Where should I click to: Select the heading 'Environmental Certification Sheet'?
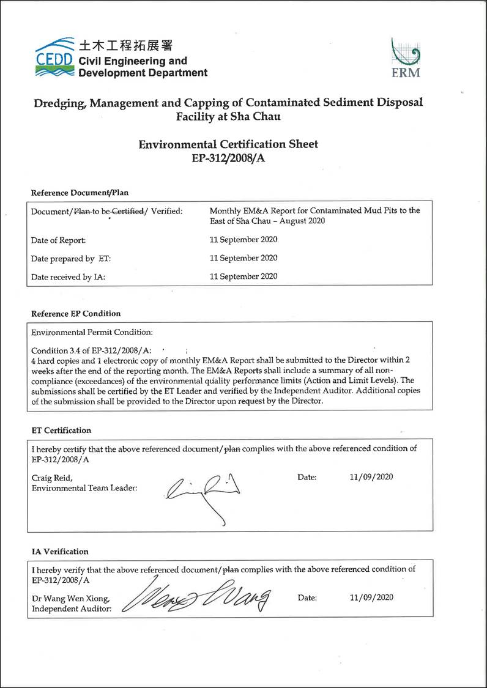228,144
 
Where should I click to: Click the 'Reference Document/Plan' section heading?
80,193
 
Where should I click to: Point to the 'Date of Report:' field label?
59,241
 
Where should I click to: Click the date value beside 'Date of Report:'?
243,240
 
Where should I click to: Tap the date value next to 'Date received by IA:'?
243,276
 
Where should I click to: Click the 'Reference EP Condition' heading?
76,314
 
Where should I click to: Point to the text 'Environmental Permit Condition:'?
92,333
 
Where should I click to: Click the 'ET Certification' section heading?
61,431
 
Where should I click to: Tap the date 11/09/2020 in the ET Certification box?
371,477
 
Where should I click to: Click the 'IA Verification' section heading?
59,552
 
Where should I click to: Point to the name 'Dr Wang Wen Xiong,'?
71,598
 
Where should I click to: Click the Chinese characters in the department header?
126,46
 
